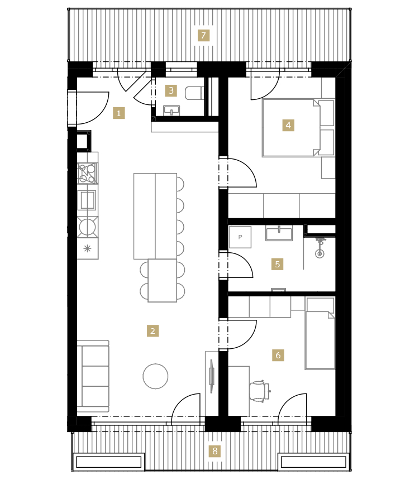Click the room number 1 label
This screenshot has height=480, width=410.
tap(119, 113)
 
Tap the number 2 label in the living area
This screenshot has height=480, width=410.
tap(152, 331)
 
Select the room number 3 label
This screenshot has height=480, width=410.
tap(171, 90)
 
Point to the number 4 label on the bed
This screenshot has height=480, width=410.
tap(288, 125)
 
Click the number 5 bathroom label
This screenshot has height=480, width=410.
tap(277, 264)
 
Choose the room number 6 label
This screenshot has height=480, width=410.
tap(278, 355)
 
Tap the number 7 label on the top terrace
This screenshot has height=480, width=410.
tap(203, 36)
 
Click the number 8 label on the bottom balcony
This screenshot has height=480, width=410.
tap(215, 451)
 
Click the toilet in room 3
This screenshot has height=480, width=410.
tap(194, 93)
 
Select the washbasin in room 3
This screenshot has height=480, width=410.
tap(171, 110)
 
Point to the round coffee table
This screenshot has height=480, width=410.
tap(155, 376)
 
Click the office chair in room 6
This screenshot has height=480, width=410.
tap(260, 391)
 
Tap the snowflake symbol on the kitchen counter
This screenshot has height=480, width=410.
tap(87, 248)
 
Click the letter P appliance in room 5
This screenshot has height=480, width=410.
tap(240, 237)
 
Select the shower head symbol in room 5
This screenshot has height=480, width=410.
tap(320, 248)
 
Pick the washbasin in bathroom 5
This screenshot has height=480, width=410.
tap(279, 233)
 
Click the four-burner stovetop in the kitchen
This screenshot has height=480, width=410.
tap(88, 173)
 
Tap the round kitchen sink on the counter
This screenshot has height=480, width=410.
tap(88, 227)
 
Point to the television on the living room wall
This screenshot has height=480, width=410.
tap(212, 376)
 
